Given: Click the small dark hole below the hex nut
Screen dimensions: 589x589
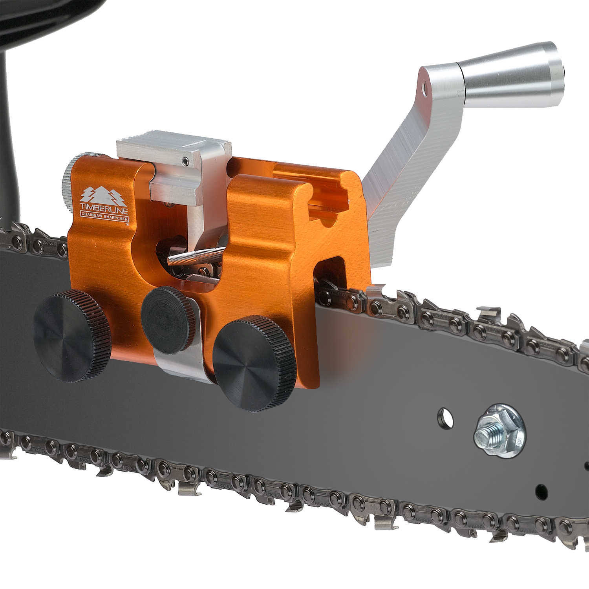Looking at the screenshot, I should [x=541, y=490].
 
